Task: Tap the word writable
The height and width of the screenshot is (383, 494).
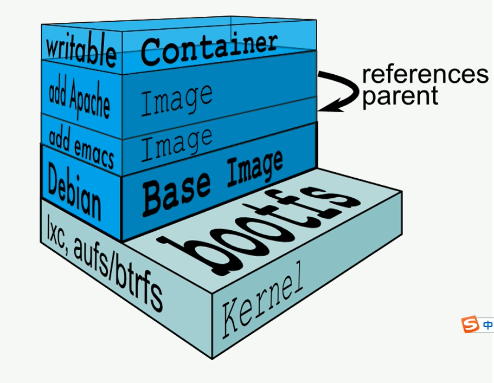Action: (x=81, y=51)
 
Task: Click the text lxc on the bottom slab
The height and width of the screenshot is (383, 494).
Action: (x=54, y=230)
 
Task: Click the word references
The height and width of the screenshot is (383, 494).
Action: (x=425, y=75)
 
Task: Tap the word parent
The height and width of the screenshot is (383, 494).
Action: (x=400, y=96)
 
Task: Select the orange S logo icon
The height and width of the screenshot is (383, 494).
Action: (x=470, y=324)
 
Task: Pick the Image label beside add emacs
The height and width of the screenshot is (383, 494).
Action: (x=176, y=143)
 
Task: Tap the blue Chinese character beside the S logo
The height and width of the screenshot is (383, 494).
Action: (x=487, y=325)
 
